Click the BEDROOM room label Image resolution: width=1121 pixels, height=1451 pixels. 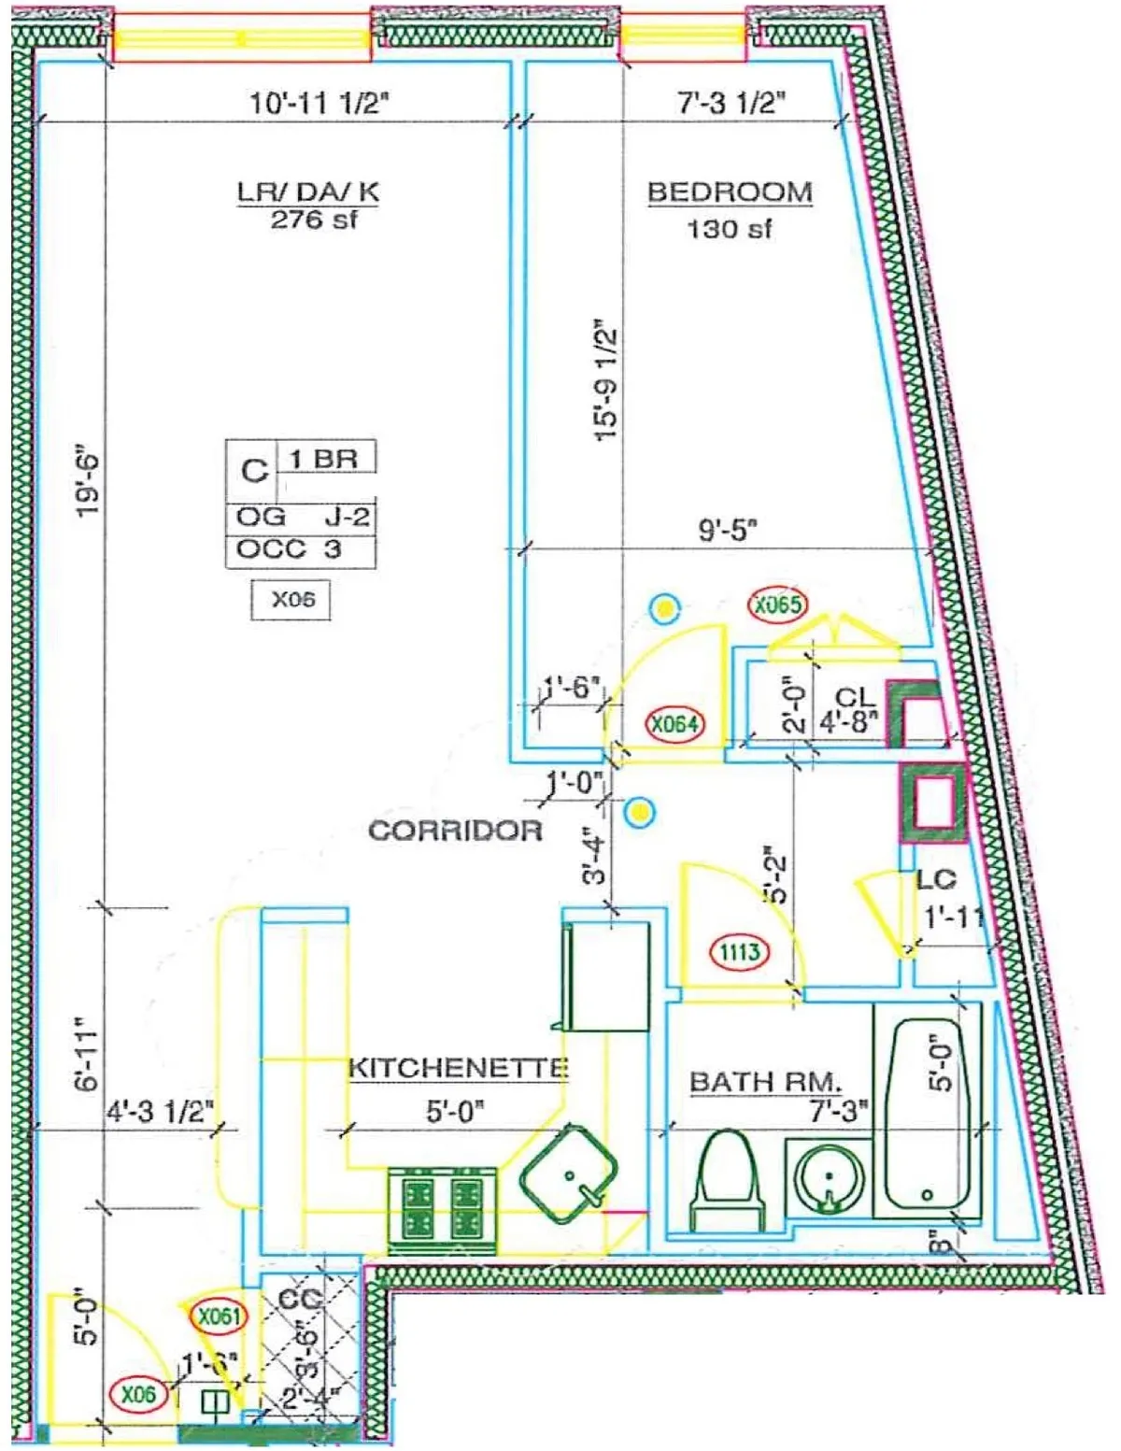[730, 192]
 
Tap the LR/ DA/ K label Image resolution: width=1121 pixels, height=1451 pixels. [308, 192]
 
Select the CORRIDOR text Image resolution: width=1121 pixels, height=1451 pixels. [455, 831]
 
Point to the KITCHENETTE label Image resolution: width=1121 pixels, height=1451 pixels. [458, 1068]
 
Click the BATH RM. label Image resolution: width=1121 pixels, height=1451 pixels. [765, 1082]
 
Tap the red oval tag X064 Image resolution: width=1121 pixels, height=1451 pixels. [674, 723]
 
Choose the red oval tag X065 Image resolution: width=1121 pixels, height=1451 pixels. [778, 605]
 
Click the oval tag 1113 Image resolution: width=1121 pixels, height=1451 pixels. [739, 952]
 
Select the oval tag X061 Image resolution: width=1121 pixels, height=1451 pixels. [219, 1316]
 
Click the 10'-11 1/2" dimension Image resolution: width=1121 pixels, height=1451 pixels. [318, 102]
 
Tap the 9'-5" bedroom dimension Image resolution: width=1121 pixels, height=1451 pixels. [728, 530]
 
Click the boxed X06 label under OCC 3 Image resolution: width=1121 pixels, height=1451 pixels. [292, 600]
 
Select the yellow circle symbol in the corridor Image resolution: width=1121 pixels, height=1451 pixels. [640, 813]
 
